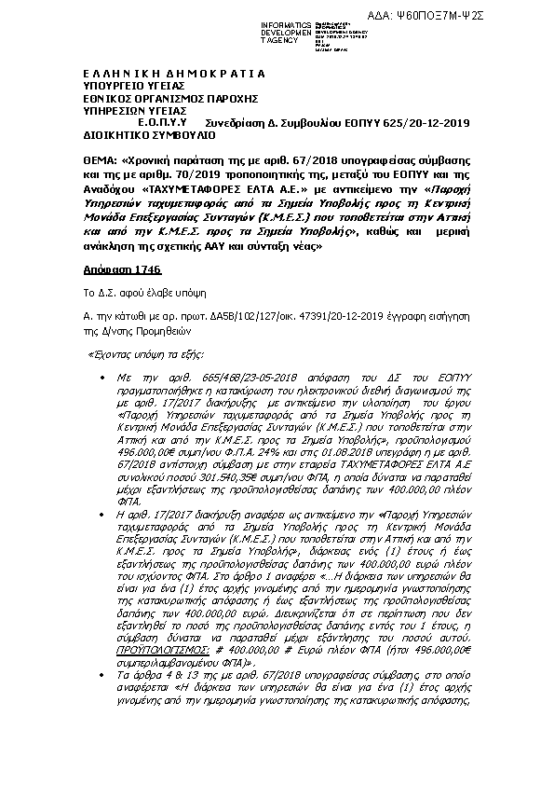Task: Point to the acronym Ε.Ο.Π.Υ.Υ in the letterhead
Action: point(164,121)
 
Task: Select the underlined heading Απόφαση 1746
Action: point(109,269)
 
